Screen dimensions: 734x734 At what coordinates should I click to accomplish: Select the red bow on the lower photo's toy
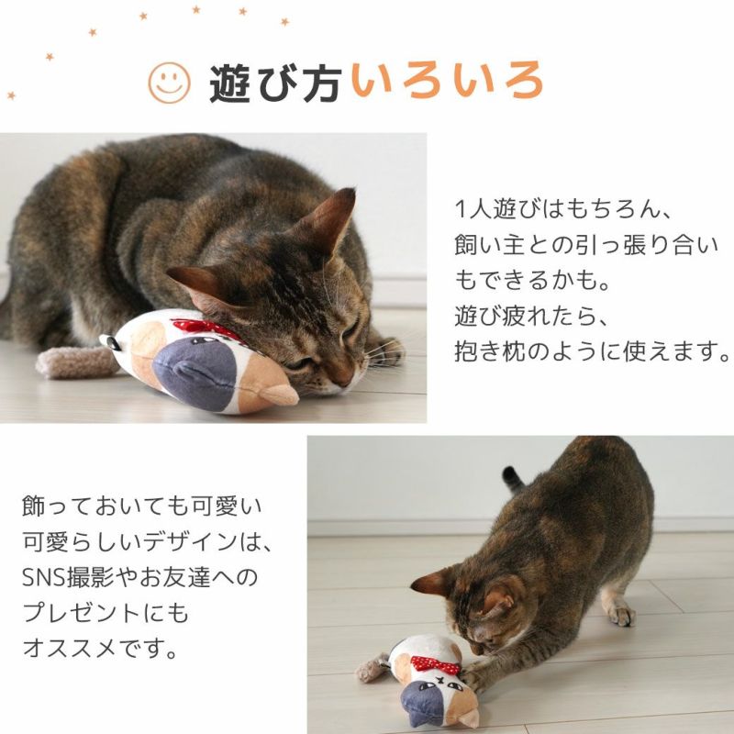pos(435,663)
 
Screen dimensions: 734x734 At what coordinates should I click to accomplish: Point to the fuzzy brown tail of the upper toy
pos(73,361)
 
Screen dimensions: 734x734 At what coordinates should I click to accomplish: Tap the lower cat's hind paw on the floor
pos(621,613)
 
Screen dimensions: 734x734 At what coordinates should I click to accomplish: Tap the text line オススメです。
pos(99,649)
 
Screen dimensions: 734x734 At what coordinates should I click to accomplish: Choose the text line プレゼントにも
pos(105,613)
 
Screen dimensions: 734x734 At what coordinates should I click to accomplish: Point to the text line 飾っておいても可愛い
pos(135,506)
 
